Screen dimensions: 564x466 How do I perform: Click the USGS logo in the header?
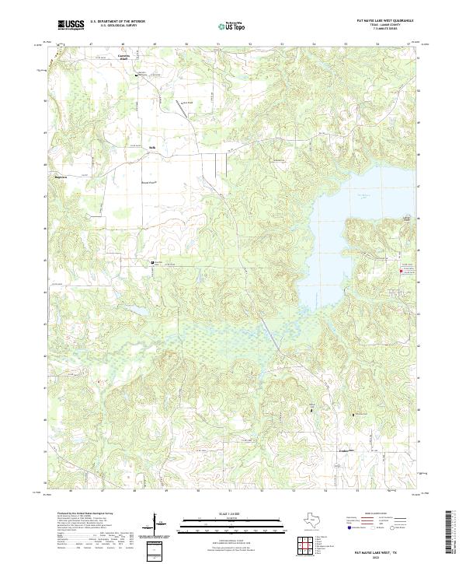[71, 26]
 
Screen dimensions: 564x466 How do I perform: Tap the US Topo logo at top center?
[231, 26]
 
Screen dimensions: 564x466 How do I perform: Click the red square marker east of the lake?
[401, 271]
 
